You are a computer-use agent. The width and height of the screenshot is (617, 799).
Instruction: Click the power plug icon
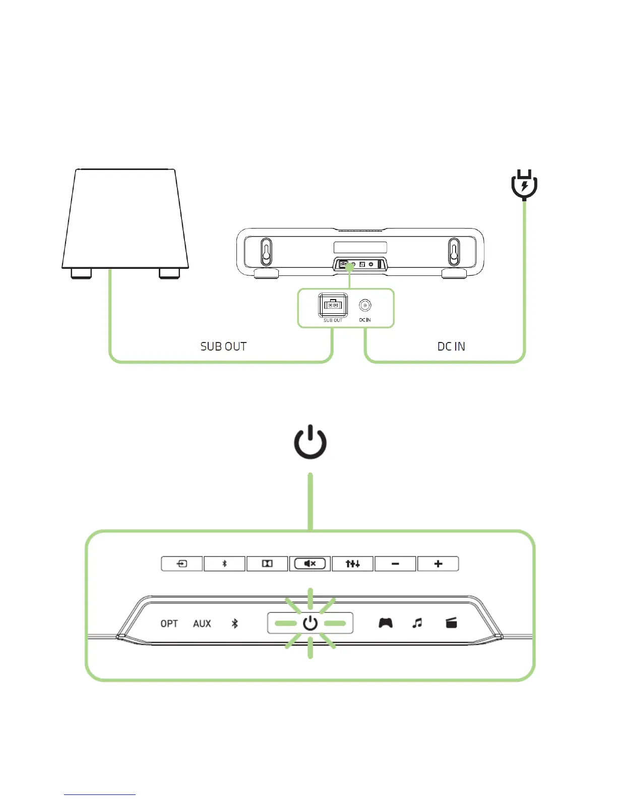(524, 185)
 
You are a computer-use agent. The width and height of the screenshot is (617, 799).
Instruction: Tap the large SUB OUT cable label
(223, 347)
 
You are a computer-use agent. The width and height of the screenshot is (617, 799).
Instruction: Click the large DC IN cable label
(451, 347)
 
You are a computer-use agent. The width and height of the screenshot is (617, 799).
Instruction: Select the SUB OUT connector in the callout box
(333, 305)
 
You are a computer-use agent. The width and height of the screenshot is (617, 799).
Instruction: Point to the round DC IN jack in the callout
(365, 306)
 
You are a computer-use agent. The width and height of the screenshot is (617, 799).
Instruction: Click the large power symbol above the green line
(310, 442)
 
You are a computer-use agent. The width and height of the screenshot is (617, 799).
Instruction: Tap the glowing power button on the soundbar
(310, 623)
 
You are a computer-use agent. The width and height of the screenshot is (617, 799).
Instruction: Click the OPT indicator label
(169, 624)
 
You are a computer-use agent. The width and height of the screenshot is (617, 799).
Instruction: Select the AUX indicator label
(202, 624)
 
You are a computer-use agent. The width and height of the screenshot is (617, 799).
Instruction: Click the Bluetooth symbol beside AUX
(234, 624)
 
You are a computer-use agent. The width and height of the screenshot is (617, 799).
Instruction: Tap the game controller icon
(386, 623)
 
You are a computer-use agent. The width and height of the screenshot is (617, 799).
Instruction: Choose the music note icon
(417, 623)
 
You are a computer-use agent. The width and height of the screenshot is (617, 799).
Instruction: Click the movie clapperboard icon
(451, 623)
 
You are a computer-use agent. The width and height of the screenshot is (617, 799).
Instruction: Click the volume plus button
(438, 563)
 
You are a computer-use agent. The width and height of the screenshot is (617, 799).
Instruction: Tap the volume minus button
(395, 563)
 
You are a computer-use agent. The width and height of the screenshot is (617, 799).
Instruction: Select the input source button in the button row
(182, 563)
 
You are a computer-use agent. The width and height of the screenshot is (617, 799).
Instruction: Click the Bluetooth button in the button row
(225, 563)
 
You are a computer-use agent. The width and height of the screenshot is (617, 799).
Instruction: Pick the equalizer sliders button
(352, 563)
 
